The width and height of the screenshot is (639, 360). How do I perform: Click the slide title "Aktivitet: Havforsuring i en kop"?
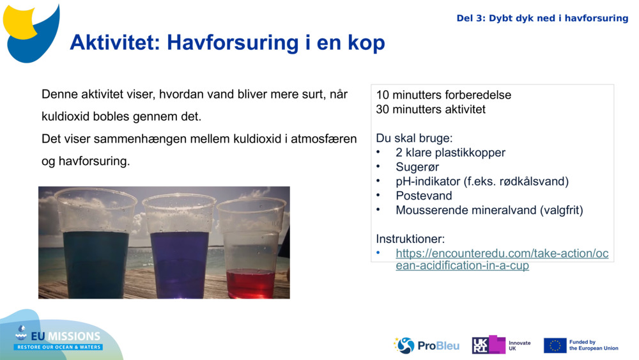tap(227, 43)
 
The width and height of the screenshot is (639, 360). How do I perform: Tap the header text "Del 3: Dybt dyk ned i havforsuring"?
tap(542, 18)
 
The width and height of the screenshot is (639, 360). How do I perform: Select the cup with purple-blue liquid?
tap(179, 246)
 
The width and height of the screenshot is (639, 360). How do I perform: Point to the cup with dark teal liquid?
tap(96, 246)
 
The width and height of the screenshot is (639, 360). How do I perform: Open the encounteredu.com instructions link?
tap(502, 260)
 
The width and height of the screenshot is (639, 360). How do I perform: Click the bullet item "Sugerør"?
tap(417, 167)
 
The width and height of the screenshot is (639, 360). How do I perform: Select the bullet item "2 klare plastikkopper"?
tap(450, 153)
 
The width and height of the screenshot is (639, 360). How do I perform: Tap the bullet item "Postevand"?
tap(424, 196)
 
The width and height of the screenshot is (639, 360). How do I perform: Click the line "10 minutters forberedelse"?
tap(443, 95)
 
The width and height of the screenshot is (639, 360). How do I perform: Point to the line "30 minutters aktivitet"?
tap(431, 109)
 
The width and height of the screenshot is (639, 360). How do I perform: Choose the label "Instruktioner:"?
tap(410, 239)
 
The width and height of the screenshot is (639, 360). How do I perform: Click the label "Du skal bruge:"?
tap(413, 138)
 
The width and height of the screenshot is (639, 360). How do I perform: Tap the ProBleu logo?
tap(426, 345)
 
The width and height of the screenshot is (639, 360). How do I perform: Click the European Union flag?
tap(555, 345)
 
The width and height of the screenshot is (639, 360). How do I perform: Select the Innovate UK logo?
tap(502, 345)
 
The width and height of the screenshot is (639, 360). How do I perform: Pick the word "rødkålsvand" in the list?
tap(532, 182)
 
